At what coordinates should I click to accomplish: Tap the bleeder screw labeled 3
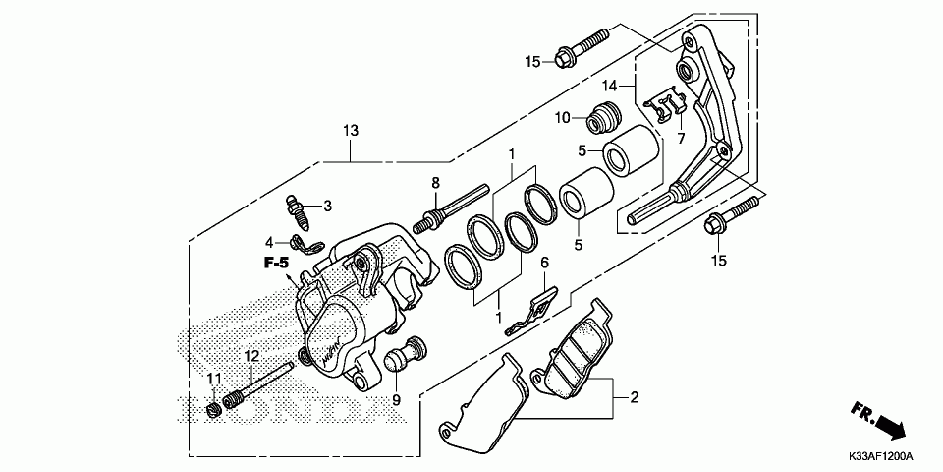[x=300, y=208]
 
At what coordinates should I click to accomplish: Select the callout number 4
[x=268, y=241]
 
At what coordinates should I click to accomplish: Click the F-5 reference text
[x=275, y=263]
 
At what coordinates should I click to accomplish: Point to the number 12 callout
[x=251, y=355]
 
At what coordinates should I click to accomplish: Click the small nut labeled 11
[x=214, y=407]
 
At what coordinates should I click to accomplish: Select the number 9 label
[x=396, y=400]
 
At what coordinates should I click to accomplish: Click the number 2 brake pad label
[x=634, y=397]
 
